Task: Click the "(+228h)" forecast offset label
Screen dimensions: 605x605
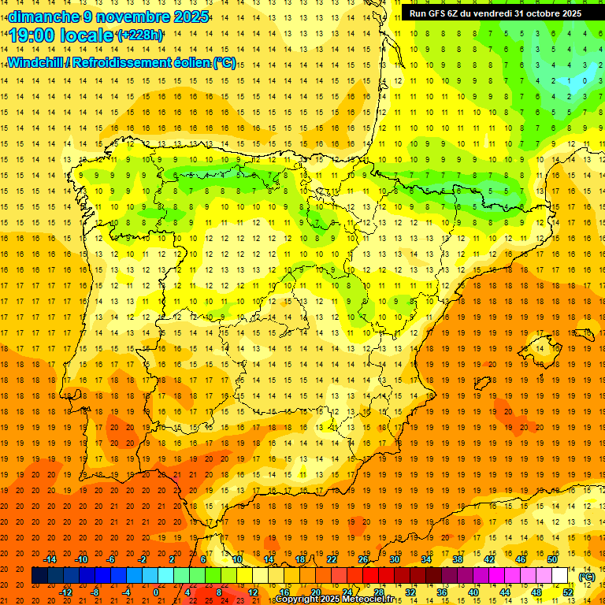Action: tap(139, 35)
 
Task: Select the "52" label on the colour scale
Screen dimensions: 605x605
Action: tap(568, 592)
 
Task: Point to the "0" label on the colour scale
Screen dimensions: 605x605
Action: tap(156, 592)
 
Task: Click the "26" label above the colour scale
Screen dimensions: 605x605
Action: tap(363, 560)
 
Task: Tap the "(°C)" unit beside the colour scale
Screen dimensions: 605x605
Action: tap(587, 577)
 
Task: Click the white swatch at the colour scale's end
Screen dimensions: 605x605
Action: tap(560, 576)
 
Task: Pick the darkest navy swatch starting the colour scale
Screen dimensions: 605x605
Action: tap(39, 576)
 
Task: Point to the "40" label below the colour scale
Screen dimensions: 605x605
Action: tap(473, 592)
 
